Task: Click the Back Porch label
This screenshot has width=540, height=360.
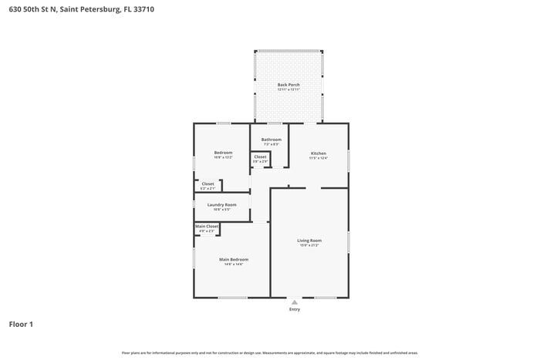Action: [289, 84]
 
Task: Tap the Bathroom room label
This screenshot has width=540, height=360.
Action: [271, 140]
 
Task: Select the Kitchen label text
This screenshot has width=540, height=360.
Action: [319, 153]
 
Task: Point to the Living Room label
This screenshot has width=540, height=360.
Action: [309, 241]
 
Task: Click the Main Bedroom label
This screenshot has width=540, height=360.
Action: [233, 259]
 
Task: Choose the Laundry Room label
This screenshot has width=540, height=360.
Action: [221, 204]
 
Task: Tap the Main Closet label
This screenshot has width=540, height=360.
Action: [207, 226]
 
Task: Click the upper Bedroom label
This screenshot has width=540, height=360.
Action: [223, 153]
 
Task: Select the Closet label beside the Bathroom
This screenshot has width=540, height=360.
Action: [260, 156]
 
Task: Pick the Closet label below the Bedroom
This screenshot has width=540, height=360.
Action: [208, 183]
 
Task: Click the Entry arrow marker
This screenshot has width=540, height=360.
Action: [294, 302]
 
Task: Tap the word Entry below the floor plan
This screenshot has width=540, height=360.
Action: [294, 310]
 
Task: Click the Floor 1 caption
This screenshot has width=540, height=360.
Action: [21, 325]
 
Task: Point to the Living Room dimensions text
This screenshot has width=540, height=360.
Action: [309, 246]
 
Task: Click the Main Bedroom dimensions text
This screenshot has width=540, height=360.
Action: [233, 264]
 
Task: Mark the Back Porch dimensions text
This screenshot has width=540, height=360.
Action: [289, 89]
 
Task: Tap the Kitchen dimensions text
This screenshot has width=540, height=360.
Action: [319, 158]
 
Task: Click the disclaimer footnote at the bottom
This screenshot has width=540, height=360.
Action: [269, 352]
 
